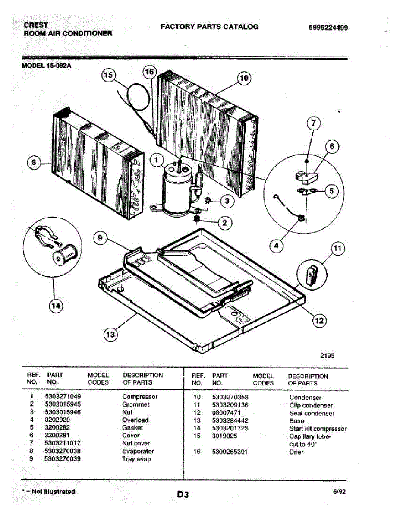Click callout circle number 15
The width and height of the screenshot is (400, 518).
click(x=108, y=76)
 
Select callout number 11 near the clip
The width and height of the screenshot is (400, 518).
click(x=337, y=249)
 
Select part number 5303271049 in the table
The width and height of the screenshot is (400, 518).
click(x=63, y=396)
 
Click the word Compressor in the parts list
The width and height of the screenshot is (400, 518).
click(x=140, y=396)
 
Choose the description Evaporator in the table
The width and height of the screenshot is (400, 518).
click(x=138, y=451)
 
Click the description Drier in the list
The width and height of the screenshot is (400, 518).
click(x=296, y=452)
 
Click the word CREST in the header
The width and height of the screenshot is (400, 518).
click(x=36, y=25)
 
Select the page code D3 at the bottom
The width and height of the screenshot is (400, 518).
click(x=183, y=495)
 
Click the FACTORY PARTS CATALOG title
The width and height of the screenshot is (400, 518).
click(x=209, y=27)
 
